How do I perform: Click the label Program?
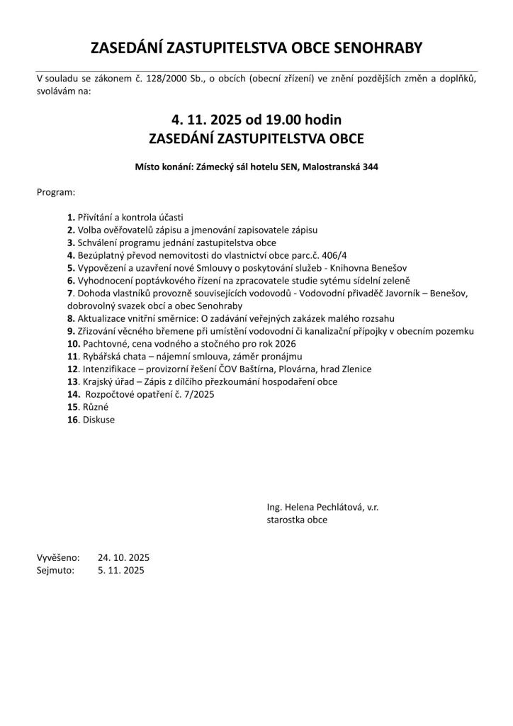(x=56, y=192)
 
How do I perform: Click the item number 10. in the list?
(x=72, y=343)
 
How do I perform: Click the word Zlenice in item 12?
(x=356, y=369)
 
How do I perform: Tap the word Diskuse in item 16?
(x=98, y=420)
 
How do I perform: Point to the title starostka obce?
(x=297, y=520)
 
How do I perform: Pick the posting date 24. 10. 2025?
(x=124, y=557)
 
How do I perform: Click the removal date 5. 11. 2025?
(x=121, y=570)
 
